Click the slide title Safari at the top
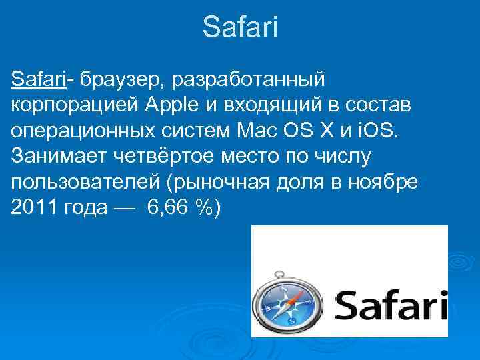point(240,28)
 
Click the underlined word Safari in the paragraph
point(38,80)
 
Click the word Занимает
point(53,156)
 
